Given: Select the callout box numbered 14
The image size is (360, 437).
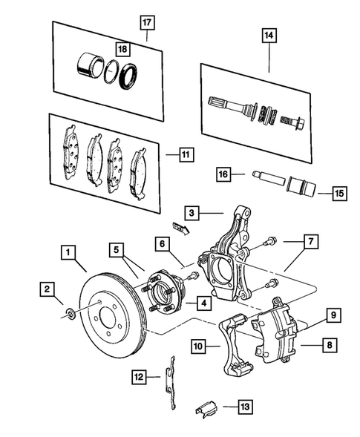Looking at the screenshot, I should tap(268, 34).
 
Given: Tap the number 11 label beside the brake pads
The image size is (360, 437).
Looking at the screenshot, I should tap(185, 155).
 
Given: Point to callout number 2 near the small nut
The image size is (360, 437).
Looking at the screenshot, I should tap(48, 288).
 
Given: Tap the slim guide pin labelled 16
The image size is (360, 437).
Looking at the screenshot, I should tap(264, 178).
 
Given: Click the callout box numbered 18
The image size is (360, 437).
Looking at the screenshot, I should tap(122, 49).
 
